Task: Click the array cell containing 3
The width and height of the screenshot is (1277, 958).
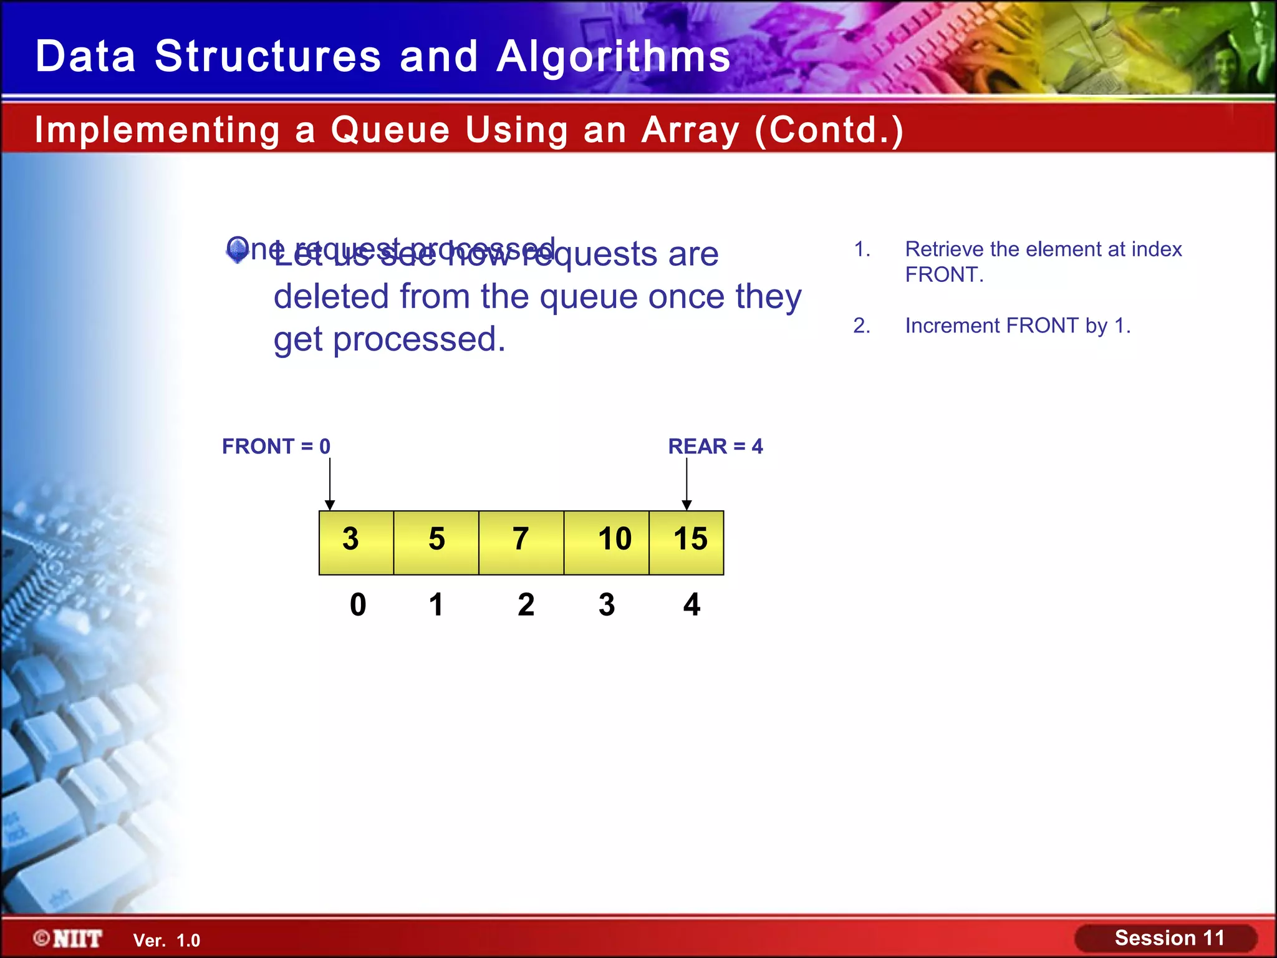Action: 356,542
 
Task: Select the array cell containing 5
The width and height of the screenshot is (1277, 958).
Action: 436,542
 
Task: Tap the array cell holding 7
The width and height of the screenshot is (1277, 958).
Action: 521,542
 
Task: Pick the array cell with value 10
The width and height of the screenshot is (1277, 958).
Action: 607,542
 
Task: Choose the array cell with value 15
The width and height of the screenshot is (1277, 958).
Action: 687,542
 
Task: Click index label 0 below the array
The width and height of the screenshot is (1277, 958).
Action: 358,604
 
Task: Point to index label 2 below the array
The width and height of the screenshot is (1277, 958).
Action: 526,604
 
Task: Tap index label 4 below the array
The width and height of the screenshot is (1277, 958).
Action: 692,604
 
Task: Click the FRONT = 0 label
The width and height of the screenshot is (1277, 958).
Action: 276,447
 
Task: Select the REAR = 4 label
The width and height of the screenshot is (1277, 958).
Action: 715,447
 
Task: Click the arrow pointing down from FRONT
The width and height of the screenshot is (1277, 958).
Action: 330,484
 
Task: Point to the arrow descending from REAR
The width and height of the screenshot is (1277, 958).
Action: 687,484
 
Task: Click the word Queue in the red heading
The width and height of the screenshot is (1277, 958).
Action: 390,130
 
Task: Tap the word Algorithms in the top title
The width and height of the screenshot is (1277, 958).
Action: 614,57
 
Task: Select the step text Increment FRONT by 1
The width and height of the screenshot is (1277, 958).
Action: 1017,326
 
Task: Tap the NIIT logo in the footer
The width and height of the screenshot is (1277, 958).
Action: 69,939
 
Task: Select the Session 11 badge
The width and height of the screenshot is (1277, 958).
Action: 1169,938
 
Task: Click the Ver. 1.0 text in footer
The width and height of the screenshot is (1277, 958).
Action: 166,941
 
